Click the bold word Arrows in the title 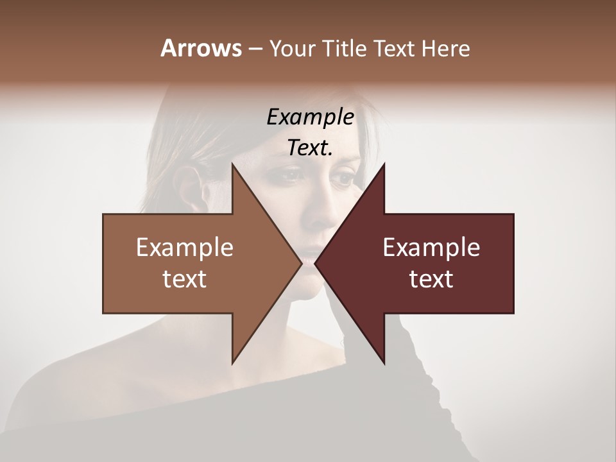pyautogui.click(x=201, y=48)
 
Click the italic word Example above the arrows pyautogui.click(x=310, y=117)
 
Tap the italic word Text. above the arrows pyautogui.click(x=310, y=148)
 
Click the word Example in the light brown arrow pyautogui.click(x=184, y=248)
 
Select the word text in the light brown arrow pyautogui.click(x=184, y=279)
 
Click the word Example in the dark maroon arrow pyautogui.click(x=431, y=248)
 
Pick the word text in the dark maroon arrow pyautogui.click(x=431, y=279)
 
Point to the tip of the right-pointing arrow pyautogui.click(x=302, y=263)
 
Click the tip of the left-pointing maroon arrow pyautogui.click(x=315, y=263)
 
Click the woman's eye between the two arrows pyautogui.click(x=293, y=174)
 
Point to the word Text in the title pyautogui.click(x=394, y=48)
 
